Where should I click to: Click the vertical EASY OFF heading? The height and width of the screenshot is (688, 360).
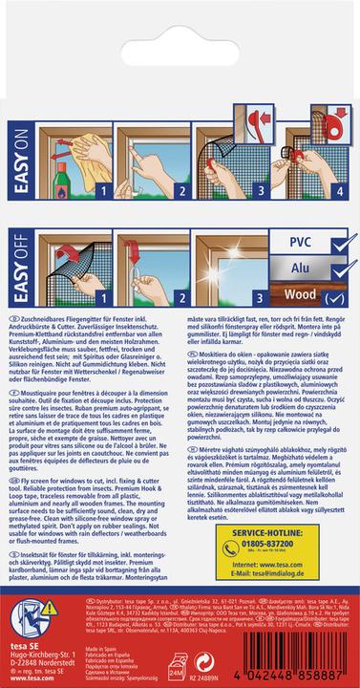point(14,277)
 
